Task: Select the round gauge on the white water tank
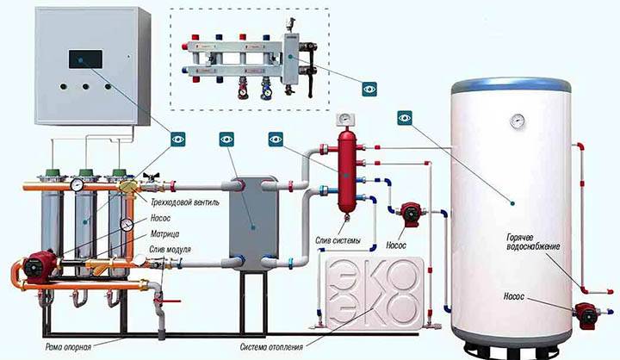coord(516,120)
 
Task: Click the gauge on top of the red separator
coord(346,120)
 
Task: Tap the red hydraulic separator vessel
coord(347,172)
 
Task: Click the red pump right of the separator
coord(404,210)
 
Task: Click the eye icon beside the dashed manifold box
coord(369,87)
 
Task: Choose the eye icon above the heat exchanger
coord(226,137)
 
